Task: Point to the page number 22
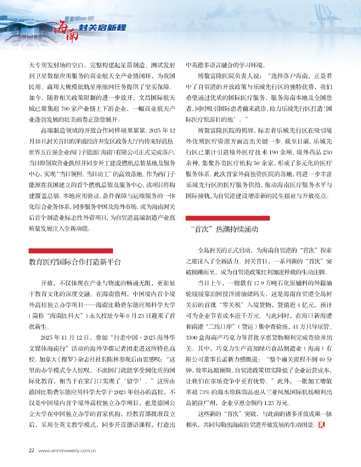31,450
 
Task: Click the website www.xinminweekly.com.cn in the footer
67,451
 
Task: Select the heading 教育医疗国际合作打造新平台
75,262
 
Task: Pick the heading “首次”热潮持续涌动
224,229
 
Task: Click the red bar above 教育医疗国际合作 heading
71,251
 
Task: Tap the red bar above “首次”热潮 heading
228,218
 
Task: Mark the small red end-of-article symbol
322,425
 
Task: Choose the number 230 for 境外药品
328,152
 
